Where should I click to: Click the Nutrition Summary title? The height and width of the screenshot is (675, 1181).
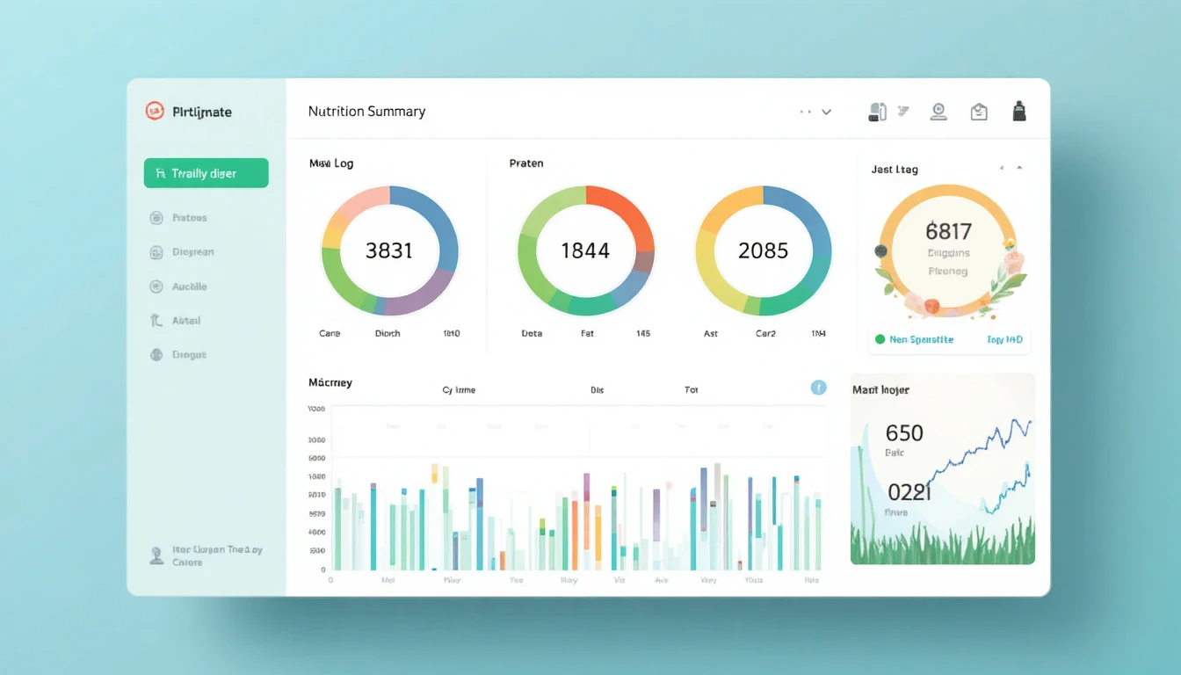(366, 112)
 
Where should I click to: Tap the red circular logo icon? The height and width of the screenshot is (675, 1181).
(155, 111)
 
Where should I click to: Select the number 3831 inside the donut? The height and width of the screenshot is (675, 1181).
(389, 250)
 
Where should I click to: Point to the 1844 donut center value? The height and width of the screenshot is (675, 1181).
(585, 250)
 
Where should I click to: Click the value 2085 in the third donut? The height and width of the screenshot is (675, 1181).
(763, 250)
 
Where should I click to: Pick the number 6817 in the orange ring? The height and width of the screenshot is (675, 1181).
(948, 231)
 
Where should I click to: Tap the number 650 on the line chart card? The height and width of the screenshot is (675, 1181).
(904, 432)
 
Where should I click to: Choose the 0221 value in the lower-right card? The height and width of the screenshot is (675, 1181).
(909, 491)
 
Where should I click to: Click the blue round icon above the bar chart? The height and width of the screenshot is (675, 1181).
(818, 388)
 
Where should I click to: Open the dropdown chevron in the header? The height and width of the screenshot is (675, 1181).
(826, 112)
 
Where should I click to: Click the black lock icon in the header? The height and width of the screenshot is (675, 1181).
(1019, 112)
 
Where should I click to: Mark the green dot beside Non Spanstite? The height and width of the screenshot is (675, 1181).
(880, 339)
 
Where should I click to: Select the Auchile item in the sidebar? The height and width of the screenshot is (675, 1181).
(189, 287)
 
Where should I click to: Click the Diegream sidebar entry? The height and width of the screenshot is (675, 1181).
(192, 252)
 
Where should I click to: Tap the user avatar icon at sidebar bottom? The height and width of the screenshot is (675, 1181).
(157, 555)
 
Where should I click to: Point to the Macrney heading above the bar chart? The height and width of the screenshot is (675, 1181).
(330, 382)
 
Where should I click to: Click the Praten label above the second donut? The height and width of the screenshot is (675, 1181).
(526, 163)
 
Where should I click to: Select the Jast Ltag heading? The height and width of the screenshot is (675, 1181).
(895, 170)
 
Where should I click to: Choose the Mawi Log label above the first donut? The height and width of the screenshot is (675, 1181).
(331, 163)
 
